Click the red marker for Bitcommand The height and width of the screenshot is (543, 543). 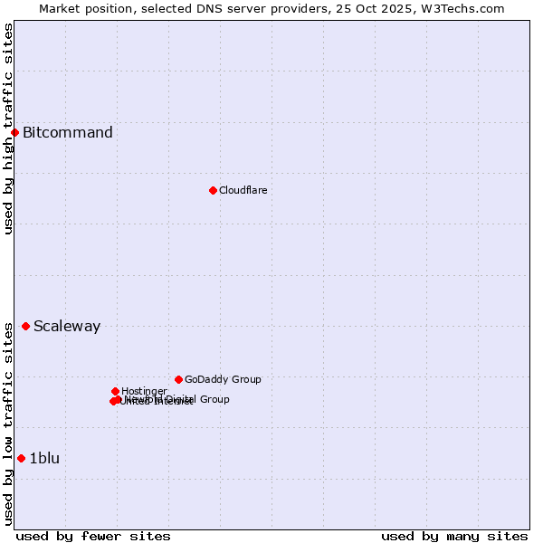(x=14, y=133)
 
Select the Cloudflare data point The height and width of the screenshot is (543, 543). (x=213, y=190)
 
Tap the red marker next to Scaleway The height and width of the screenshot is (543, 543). (x=25, y=326)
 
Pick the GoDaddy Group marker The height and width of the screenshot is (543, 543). (x=178, y=379)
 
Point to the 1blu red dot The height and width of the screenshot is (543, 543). (x=21, y=458)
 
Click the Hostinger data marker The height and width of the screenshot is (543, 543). (x=115, y=391)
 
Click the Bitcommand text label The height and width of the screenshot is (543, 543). (x=68, y=133)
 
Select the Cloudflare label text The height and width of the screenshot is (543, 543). (x=243, y=190)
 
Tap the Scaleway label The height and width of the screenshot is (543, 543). (x=67, y=327)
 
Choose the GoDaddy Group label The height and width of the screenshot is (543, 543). (x=223, y=379)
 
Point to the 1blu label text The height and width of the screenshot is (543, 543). (x=44, y=459)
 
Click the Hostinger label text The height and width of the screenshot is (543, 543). (x=144, y=391)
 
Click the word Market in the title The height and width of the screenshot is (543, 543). (x=60, y=8)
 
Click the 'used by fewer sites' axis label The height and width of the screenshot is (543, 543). (x=93, y=536)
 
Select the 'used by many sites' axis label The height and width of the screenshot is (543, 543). (x=454, y=536)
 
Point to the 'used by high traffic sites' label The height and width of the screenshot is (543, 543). (x=8, y=129)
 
